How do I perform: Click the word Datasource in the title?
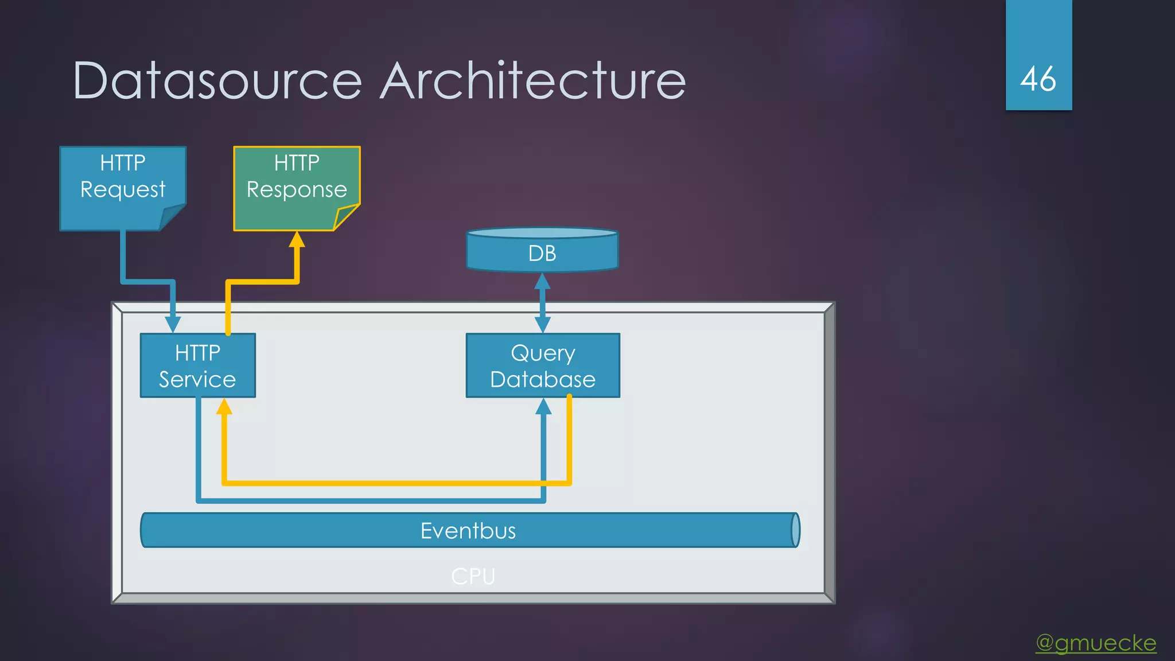pyautogui.click(x=217, y=81)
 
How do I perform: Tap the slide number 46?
pyautogui.click(x=1038, y=79)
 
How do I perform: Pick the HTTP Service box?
pyautogui.click(x=197, y=366)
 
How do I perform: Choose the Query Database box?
pyautogui.click(x=543, y=366)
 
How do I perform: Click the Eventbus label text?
pyautogui.click(x=468, y=531)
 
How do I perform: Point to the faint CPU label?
pyautogui.click(x=473, y=576)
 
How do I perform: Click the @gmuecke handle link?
pyautogui.click(x=1096, y=643)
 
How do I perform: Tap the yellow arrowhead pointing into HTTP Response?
pyautogui.click(x=297, y=239)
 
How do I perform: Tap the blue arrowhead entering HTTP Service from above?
pyautogui.click(x=173, y=324)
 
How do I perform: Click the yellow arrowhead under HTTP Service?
pyautogui.click(x=224, y=407)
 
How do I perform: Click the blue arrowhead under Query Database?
pyautogui.click(x=543, y=407)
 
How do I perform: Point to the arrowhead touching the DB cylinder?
pyautogui.click(x=542, y=281)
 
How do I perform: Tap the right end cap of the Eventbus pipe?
pyautogui.click(x=795, y=530)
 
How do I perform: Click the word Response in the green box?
pyautogui.click(x=297, y=189)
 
